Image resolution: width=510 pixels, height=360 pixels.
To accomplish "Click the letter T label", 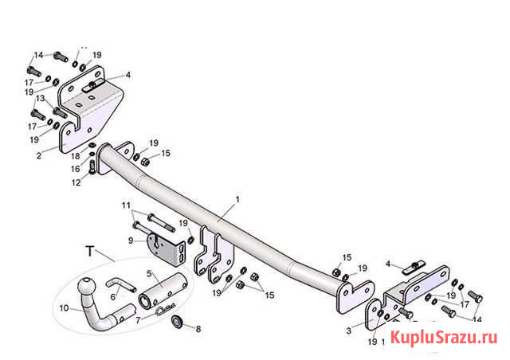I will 89,252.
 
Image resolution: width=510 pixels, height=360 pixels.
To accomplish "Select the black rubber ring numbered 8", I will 177,322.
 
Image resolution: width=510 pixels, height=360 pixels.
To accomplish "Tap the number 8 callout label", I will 198,327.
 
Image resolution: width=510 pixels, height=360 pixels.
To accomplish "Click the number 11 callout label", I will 126,205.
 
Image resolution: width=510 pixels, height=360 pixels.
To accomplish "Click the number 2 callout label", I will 38,157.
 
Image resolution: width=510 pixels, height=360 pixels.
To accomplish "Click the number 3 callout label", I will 347,329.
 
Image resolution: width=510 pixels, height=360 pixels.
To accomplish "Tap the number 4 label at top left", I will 127,75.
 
